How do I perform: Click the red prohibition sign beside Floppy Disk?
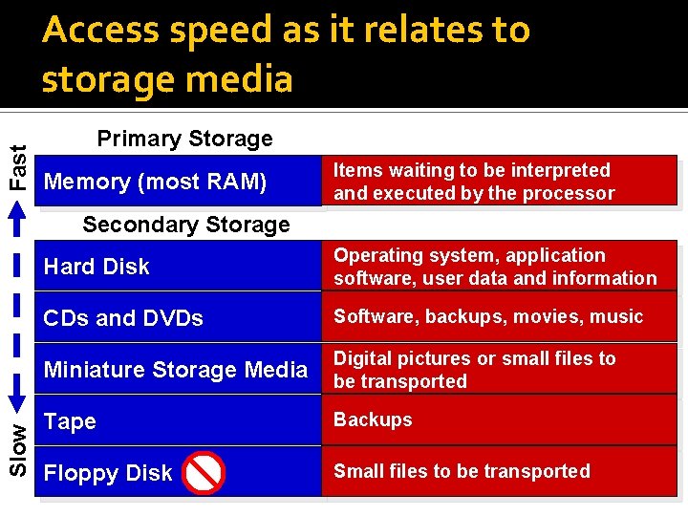(203, 473)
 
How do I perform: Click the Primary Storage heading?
(184, 139)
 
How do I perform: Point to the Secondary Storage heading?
(185, 225)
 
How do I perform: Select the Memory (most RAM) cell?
(156, 182)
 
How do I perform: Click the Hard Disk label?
(97, 267)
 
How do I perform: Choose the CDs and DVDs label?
(123, 318)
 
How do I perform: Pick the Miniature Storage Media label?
(176, 370)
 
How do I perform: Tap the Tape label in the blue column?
(70, 421)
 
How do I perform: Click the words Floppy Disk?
(108, 473)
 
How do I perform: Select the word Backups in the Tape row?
(373, 419)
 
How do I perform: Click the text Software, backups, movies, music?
(488, 316)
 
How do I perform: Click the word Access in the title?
(101, 31)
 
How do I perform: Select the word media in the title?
(245, 78)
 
